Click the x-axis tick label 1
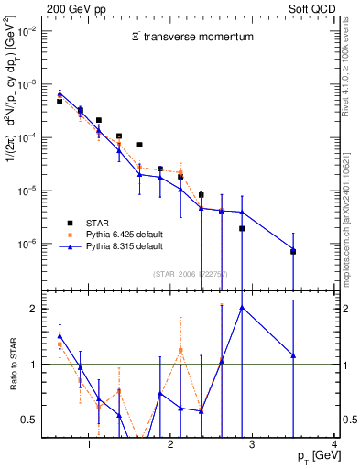pos(88,444)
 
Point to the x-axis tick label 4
pos(334,444)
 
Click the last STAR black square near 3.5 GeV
pos(293,251)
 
